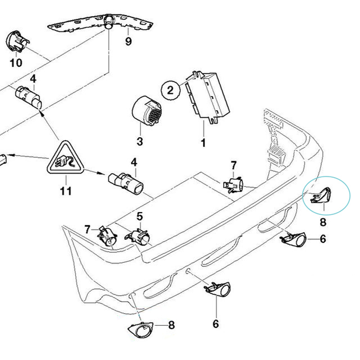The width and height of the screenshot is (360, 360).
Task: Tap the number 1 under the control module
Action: click(203, 144)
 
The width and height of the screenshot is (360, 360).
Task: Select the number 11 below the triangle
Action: click(66, 191)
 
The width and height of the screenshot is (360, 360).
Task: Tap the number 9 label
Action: click(128, 42)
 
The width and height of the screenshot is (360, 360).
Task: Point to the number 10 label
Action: click(16, 63)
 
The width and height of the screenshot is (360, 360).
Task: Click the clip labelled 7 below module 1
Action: click(234, 184)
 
